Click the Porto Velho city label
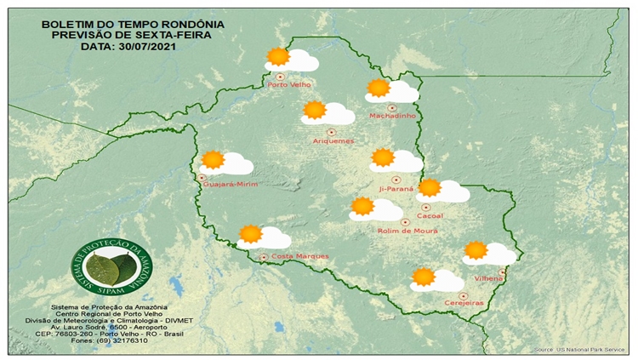point(288,85)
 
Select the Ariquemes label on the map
point(333,140)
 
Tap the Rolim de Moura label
point(405,231)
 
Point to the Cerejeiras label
point(464,304)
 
